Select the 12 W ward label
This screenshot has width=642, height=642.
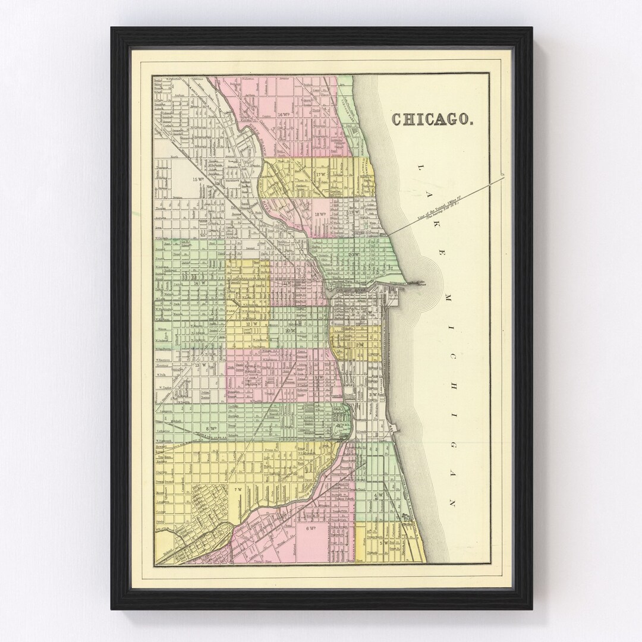point(250,324)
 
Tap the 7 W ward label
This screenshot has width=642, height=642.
point(238,489)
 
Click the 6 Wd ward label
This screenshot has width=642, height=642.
point(310,528)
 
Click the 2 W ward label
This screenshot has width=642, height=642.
point(359,345)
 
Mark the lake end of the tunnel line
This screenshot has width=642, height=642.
point(503,175)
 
